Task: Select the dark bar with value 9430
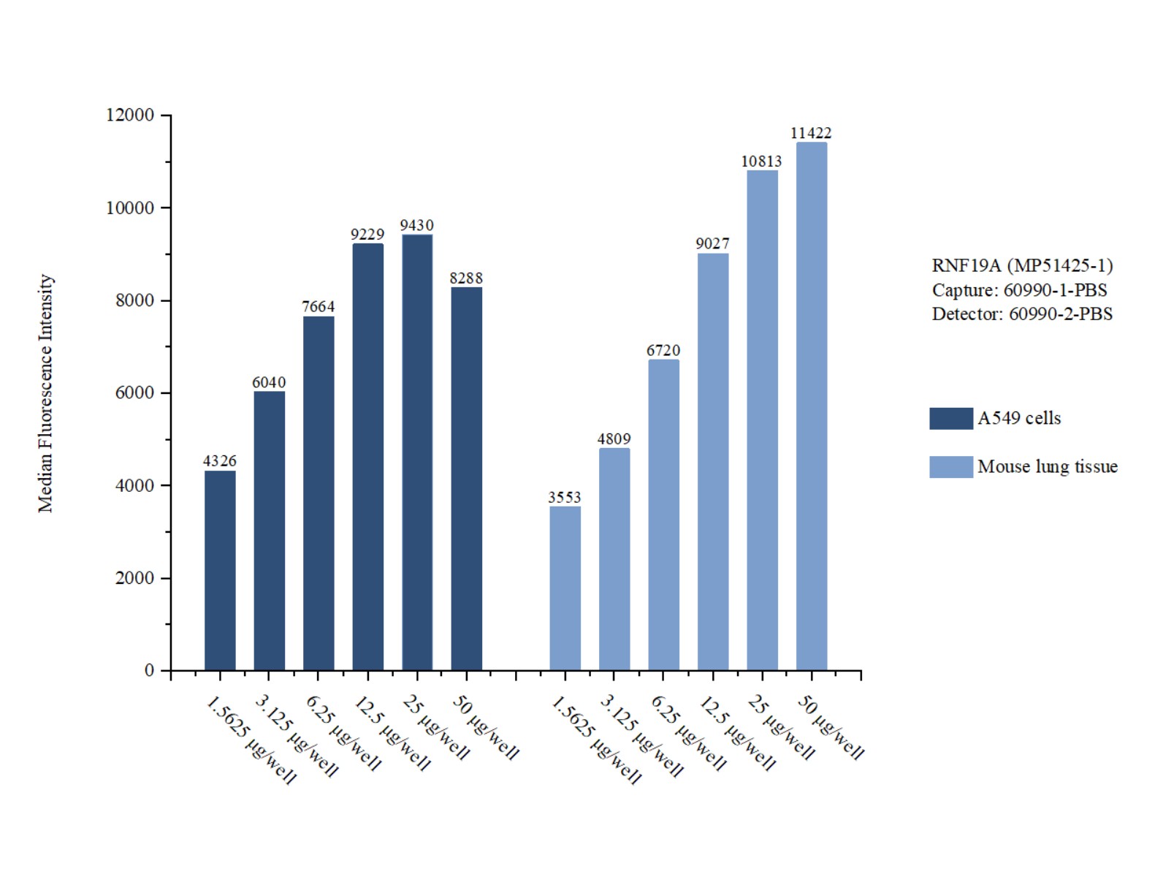[x=417, y=452]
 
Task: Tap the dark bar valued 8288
[x=466, y=479]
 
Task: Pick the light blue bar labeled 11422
[x=812, y=406]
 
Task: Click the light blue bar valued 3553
[x=565, y=588]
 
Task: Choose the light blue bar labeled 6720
[x=663, y=515]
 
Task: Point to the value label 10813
[x=761, y=162]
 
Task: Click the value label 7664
[x=319, y=307]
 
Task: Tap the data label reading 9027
[x=712, y=244]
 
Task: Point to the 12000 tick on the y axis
[x=130, y=115]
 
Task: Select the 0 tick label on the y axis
[x=149, y=671]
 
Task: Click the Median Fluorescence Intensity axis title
[x=46, y=393]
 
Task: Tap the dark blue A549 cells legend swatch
[x=950, y=419]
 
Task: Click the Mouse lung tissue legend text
[x=1047, y=467]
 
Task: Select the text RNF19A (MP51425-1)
[x=1022, y=266]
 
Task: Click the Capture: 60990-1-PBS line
[x=1019, y=290]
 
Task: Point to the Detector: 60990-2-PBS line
[x=1022, y=314]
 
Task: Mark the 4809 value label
[x=614, y=439]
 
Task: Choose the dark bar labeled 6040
[x=270, y=531]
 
